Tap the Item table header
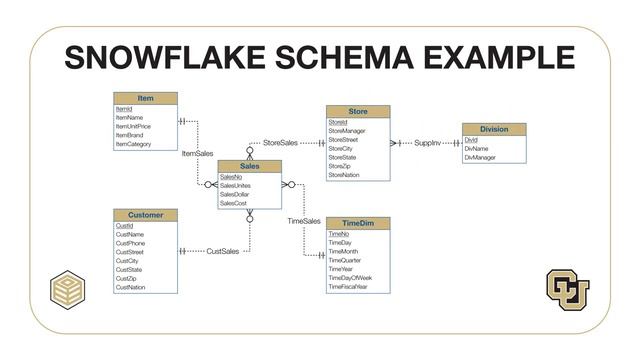146,99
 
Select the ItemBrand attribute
131,135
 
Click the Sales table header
250,166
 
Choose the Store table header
358,112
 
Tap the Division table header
494,129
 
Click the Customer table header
145,215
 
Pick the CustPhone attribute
130,243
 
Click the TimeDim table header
357,223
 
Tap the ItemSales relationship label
197,154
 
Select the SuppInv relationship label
427,143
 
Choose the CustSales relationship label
223,251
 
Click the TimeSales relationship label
304,220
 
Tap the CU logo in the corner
567,287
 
